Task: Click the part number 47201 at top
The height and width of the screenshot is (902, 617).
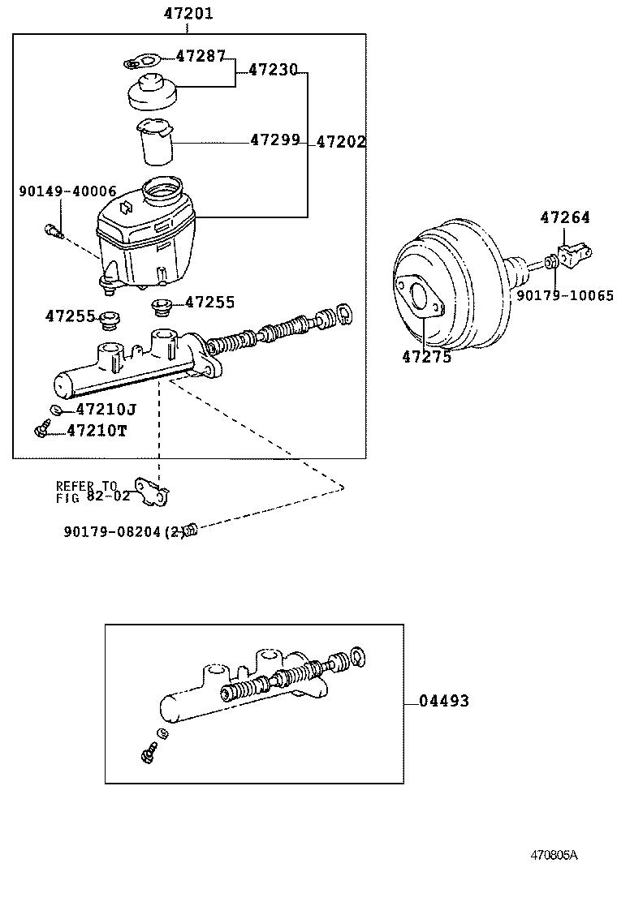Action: click(188, 14)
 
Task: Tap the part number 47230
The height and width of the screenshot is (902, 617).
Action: click(273, 71)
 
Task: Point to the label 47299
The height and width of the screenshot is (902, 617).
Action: click(274, 140)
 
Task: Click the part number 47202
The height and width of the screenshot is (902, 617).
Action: click(340, 142)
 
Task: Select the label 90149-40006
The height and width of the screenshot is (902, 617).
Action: click(67, 191)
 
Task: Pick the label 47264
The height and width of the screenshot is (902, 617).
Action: click(565, 217)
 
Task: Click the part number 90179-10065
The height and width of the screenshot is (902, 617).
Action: click(565, 296)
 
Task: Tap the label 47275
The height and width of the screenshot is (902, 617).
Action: click(425, 355)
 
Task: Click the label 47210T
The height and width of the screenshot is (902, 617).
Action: click(97, 431)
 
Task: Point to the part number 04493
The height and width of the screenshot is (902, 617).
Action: click(444, 701)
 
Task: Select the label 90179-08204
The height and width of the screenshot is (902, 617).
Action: click(114, 532)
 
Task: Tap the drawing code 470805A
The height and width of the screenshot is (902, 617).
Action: click(554, 855)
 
